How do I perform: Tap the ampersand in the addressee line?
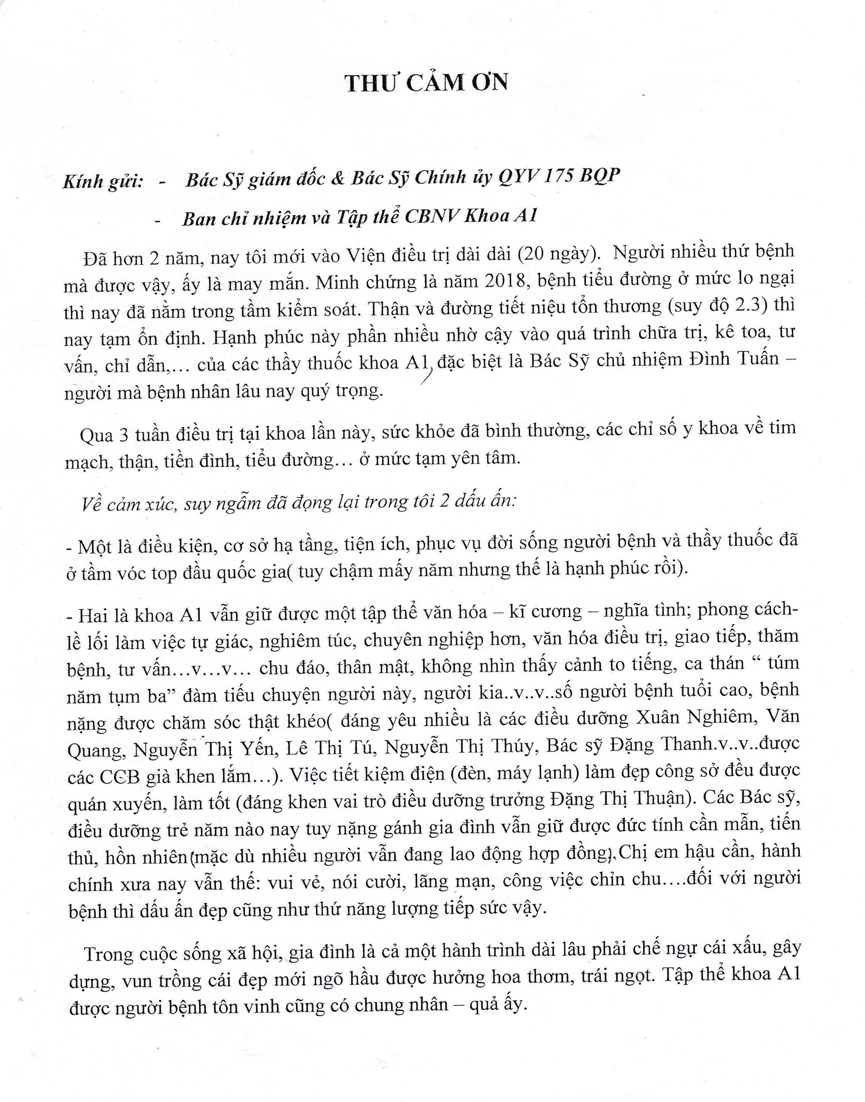337,179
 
